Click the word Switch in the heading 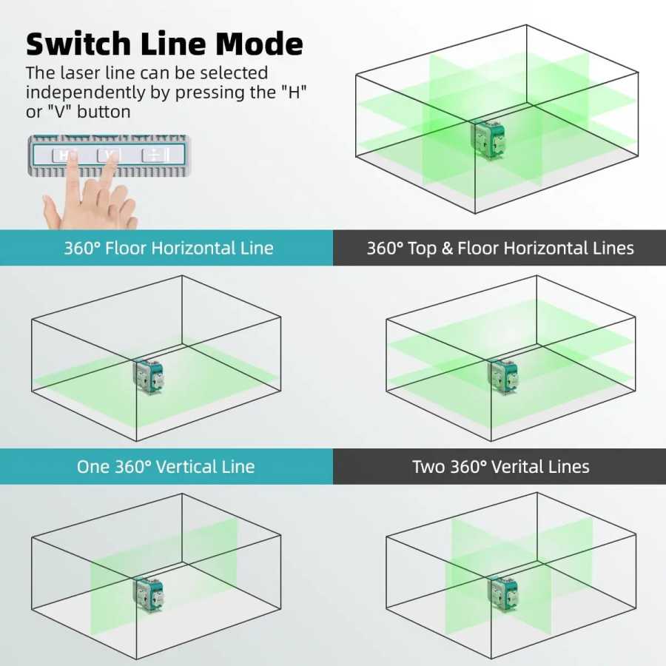point(78,44)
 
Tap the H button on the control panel point(62,155)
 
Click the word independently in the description point(85,92)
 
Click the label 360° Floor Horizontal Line point(168,248)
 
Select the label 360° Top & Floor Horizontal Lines point(500,248)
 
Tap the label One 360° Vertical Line point(166,466)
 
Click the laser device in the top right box point(488,138)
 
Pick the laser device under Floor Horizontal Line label point(149,377)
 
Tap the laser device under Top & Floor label point(504,377)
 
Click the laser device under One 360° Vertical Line point(149,593)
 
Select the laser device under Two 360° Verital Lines point(504,593)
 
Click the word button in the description point(104,112)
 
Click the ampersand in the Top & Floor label point(447,248)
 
